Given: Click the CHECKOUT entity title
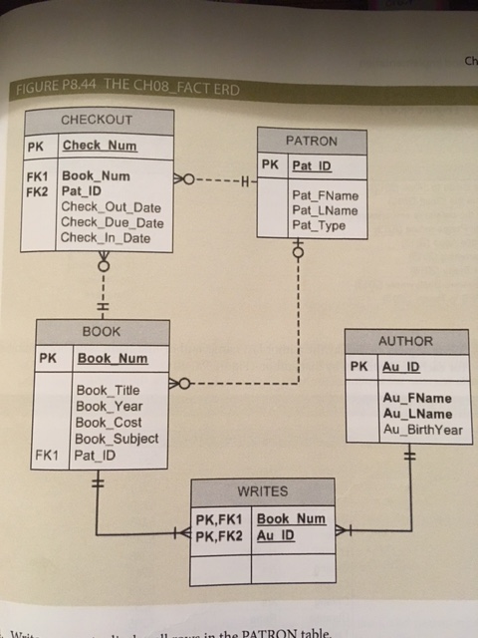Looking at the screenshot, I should click(x=97, y=121).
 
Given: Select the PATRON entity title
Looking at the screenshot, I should click(x=311, y=141).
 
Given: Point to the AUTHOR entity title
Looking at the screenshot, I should click(x=404, y=340).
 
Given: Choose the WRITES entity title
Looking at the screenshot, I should click(x=263, y=491).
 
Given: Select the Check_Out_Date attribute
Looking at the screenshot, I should click(x=111, y=206).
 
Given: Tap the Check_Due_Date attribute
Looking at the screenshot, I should click(x=112, y=222).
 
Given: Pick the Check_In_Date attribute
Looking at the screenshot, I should click(x=107, y=238).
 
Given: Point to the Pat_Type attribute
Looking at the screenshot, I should click(x=319, y=226).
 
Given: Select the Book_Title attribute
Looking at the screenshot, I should click(x=108, y=390).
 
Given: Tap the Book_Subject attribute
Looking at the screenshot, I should click(x=117, y=438).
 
